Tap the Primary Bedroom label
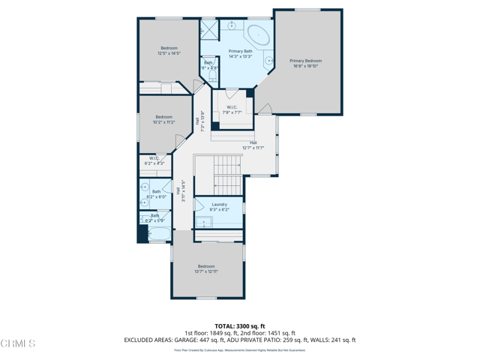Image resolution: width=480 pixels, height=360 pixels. point(306,61)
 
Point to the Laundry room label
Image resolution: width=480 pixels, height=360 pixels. point(219,204)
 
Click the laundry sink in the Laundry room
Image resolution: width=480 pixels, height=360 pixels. point(202,222)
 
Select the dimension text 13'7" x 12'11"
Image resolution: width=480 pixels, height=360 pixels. point(206,271)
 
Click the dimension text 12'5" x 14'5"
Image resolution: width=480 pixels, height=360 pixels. point(169,53)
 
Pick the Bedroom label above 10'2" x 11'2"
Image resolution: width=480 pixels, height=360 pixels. point(163,117)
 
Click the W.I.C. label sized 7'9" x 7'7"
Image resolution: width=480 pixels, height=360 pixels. point(232,107)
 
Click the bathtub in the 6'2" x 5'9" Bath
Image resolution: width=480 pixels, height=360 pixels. point(158,235)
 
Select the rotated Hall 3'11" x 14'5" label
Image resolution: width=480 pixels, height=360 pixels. point(180,192)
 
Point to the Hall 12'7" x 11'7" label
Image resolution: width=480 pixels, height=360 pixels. point(253,142)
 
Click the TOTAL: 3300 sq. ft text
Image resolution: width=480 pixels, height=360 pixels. point(240,326)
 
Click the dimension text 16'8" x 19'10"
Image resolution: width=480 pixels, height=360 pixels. point(306,66)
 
